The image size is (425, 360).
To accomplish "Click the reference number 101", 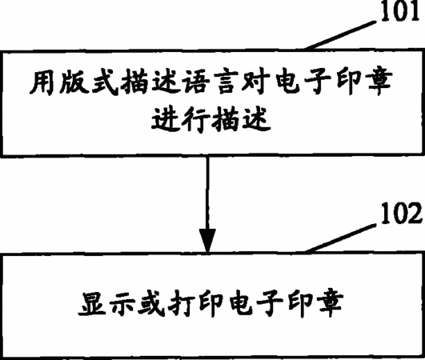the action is point(401,10).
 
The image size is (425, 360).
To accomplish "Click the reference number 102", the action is point(401,214).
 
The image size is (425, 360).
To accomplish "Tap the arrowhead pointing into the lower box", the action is point(207,241).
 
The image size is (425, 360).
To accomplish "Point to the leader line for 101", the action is point(341,35).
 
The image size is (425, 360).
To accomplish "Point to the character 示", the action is point(122,303).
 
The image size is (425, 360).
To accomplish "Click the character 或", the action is point(151,303).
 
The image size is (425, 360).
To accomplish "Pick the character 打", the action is point(181,303).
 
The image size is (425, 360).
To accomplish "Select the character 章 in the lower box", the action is point(330,303).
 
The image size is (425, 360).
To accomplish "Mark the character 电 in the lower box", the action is point(241,303).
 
